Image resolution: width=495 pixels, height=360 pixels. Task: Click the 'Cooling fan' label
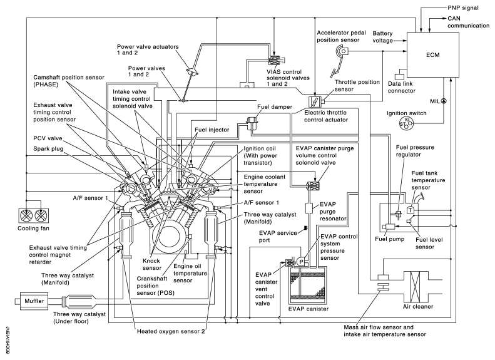[30, 229]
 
